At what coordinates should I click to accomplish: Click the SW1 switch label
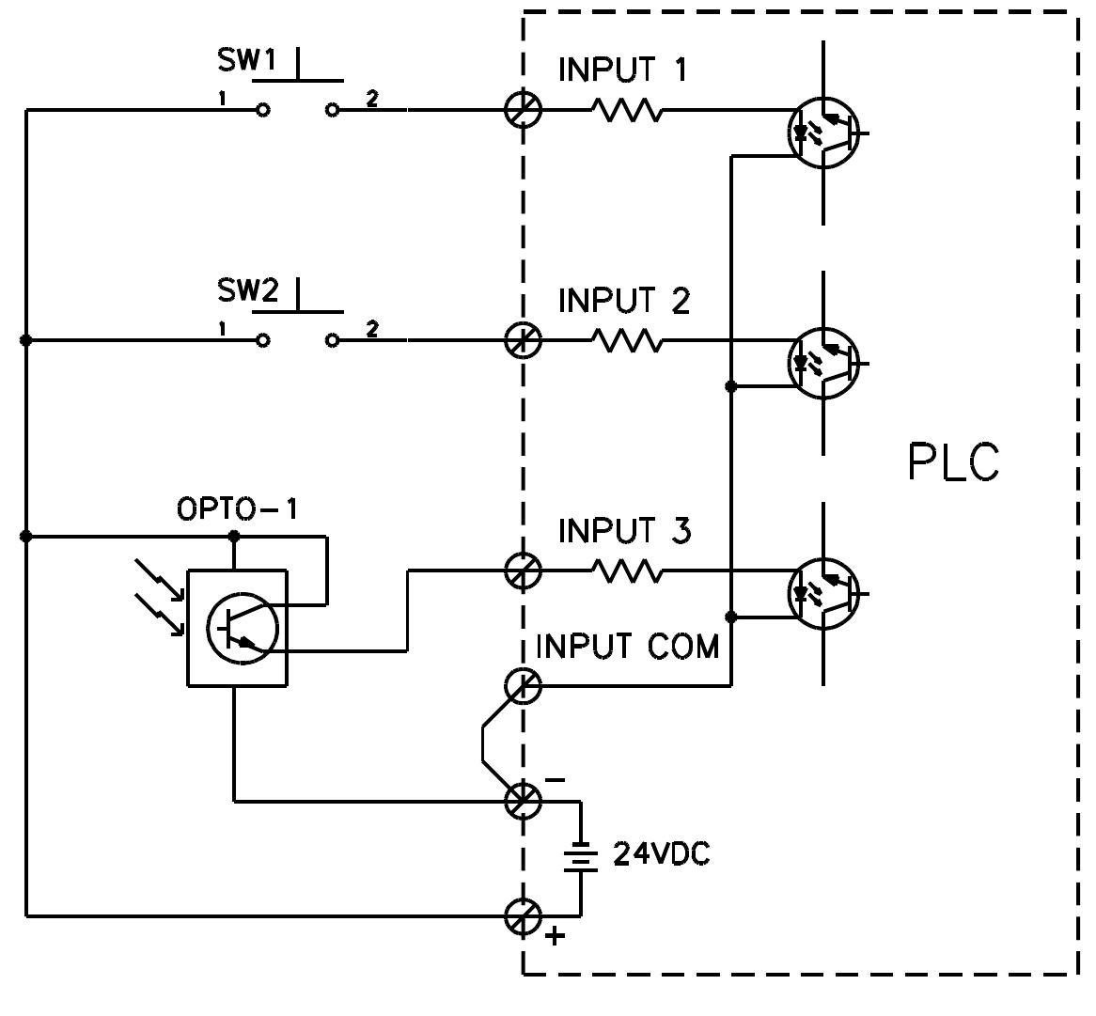tap(244, 61)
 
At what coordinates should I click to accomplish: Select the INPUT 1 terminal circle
tap(524, 110)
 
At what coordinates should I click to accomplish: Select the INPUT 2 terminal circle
tap(524, 340)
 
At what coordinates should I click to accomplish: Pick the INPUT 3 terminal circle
tap(524, 571)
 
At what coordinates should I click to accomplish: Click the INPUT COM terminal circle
tap(524, 686)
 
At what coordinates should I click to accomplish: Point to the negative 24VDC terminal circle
tap(524, 801)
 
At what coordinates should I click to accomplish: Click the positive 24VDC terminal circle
tap(524, 915)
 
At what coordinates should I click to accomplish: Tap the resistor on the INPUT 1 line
tap(627, 111)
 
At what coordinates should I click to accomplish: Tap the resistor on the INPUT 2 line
tap(627, 341)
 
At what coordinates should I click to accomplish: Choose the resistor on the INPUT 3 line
tap(627, 571)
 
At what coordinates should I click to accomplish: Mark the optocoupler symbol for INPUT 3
tap(823, 593)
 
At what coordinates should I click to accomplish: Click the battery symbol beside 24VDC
tap(581, 856)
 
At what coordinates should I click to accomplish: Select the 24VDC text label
tap(662, 854)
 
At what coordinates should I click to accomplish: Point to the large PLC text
tap(953, 462)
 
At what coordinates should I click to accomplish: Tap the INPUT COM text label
tap(626, 647)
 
